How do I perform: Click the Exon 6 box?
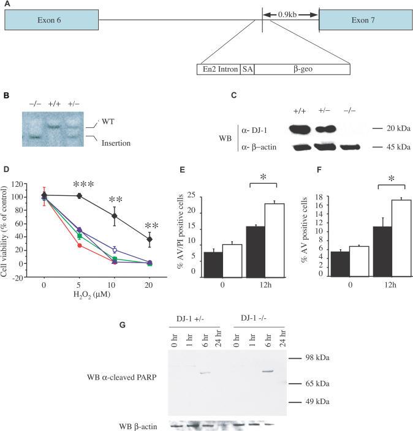click(51, 20)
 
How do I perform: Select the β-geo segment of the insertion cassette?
click(301, 69)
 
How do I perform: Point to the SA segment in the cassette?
click(248, 69)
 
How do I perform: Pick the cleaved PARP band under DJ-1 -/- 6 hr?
click(267, 371)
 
